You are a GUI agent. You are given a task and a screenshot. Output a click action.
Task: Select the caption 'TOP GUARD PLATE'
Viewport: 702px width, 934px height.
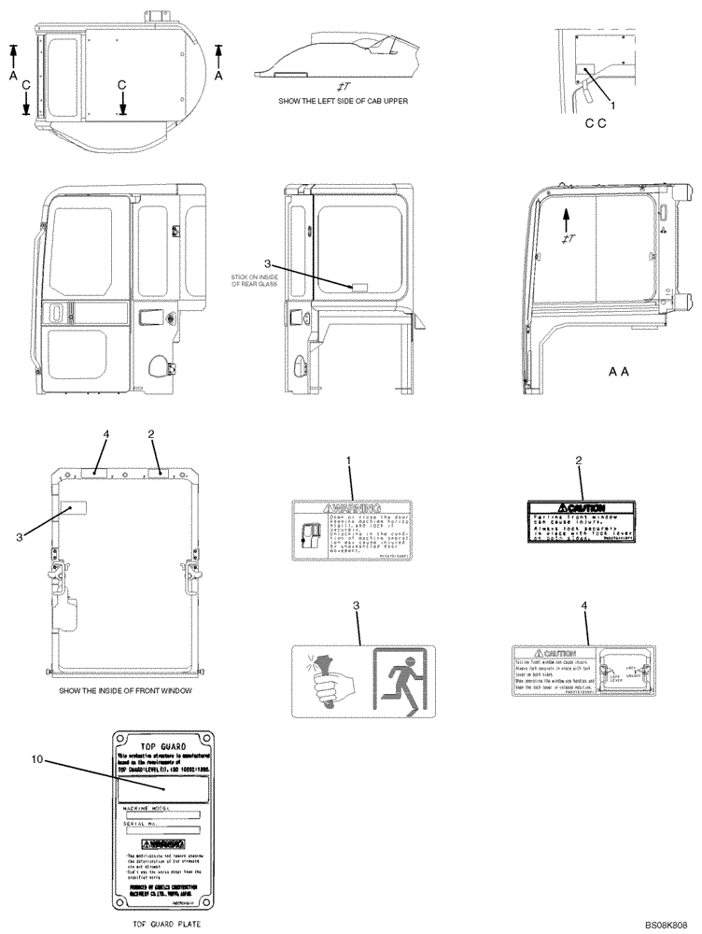coord(161,925)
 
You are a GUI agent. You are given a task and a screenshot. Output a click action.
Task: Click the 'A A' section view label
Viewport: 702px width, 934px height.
coord(619,371)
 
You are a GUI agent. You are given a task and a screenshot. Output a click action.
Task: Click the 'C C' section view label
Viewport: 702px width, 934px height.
coord(597,123)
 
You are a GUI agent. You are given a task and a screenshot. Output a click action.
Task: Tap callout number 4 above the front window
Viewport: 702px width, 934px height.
coord(105,434)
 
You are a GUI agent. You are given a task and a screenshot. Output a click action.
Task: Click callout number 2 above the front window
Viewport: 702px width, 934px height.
coord(151,434)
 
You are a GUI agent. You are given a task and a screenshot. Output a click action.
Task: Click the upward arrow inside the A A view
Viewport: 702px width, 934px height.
coord(567,219)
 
